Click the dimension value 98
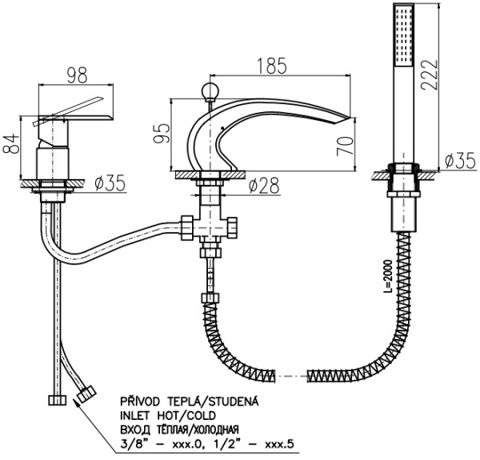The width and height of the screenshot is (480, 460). (x=76, y=75)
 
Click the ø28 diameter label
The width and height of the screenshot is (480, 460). (x=266, y=186)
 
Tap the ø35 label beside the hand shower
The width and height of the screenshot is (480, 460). (x=457, y=161)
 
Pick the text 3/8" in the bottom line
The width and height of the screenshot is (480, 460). (x=129, y=445)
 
